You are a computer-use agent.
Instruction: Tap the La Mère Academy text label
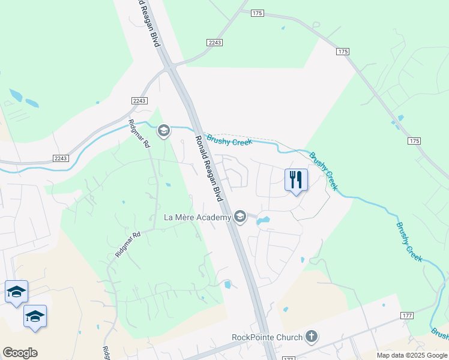(x=197, y=217)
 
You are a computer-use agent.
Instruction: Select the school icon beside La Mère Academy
(x=240, y=216)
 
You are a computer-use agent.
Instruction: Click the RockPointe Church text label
(x=267, y=337)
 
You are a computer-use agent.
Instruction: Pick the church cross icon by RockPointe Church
(x=311, y=337)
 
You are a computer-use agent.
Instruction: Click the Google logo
(x=20, y=353)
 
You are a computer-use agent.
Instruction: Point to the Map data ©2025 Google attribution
(x=411, y=355)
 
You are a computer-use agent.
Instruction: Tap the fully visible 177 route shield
(x=406, y=315)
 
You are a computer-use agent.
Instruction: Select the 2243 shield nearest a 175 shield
(x=214, y=42)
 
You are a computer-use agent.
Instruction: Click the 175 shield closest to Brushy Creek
(x=414, y=140)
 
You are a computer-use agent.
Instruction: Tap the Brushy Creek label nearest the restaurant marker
(x=324, y=171)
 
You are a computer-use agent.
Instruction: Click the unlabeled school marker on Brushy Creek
(x=163, y=130)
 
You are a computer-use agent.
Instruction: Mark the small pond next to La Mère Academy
(x=263, y=220)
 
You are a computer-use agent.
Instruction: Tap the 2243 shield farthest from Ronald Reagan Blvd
(x=61, y=158)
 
